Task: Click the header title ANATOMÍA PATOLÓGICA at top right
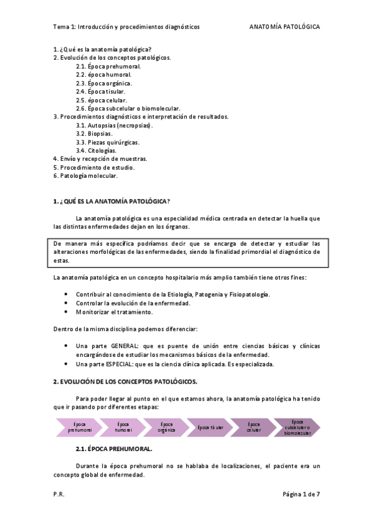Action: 285,27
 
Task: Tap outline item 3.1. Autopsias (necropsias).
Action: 115,125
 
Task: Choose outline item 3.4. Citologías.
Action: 96,150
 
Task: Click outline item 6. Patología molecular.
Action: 85,176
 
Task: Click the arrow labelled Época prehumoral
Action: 80,427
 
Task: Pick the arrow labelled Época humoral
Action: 123,427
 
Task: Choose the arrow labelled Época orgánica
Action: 166,427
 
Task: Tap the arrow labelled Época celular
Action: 253,427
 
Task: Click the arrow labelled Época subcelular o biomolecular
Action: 297,427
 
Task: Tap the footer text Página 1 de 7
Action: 301,493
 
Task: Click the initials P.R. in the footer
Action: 59,493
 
